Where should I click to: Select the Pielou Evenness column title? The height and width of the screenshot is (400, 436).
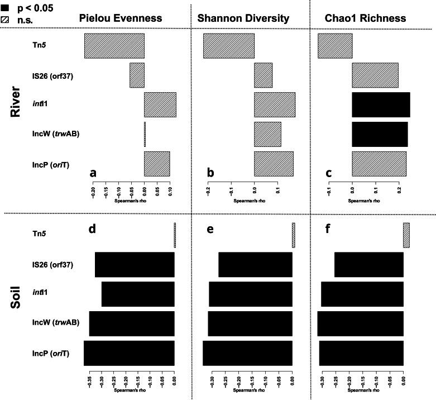coord(120,18)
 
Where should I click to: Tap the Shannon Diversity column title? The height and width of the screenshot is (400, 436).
coord(243,18)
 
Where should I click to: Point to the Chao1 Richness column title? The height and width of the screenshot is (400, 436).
coord(366,18)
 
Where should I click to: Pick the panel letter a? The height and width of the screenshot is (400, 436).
coord(94,173)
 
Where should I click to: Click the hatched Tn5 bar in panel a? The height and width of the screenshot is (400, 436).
coord(114,46)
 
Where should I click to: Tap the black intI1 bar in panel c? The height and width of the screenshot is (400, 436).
coord(381,105)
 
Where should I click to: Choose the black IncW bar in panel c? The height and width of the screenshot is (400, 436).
coord(380,134)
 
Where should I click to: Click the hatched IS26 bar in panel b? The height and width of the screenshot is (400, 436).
coord(263,75)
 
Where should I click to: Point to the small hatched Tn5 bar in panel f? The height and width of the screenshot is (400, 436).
coord(406,235)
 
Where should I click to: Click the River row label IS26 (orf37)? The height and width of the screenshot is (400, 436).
coord(54,75)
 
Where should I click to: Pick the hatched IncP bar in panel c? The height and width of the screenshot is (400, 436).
coord(379,164)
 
